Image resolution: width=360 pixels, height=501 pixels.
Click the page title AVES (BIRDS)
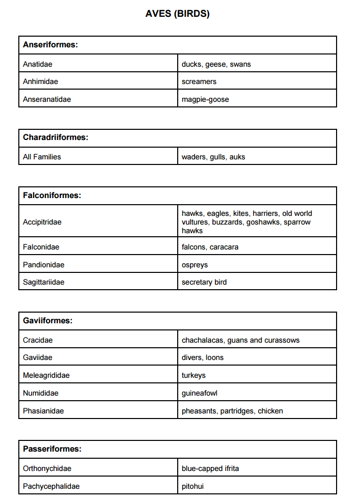[x=177, y=14]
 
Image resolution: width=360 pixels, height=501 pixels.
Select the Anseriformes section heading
[x=50, y=45]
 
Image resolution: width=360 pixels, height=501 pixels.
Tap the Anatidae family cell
[x=38, y=64]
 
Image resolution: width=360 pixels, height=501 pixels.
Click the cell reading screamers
[x=199, y=81]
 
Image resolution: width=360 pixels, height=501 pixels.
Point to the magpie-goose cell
[x=205, y=99]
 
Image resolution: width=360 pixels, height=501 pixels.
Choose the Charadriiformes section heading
[x=56, y=137]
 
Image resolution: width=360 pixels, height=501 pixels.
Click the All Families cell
[x=42, y=157]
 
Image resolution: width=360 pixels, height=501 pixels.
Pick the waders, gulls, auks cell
[x=213, y=157]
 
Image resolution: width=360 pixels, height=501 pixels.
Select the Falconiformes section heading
[x=52, y=196]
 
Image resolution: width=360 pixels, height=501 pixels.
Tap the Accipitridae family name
[x=42, y=222]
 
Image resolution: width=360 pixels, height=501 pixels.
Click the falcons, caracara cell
[x=210, y=247]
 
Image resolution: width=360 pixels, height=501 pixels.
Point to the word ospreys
[x=195, y=265]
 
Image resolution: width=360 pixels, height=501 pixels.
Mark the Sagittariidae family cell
[x=44, y=282]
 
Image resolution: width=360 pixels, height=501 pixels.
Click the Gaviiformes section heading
[x=48, y=321]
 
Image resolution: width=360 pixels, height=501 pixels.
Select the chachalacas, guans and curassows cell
[x=240, y=340]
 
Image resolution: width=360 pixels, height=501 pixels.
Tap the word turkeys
[x=193, y=375]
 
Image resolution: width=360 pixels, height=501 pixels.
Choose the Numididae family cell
[x=41, y=393]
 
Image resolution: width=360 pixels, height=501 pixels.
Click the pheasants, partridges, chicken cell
[x=232, y=411]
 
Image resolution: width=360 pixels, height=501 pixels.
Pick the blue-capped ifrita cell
[x=210, y=468]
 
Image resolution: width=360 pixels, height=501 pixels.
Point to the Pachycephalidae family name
[x=51, y=486]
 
